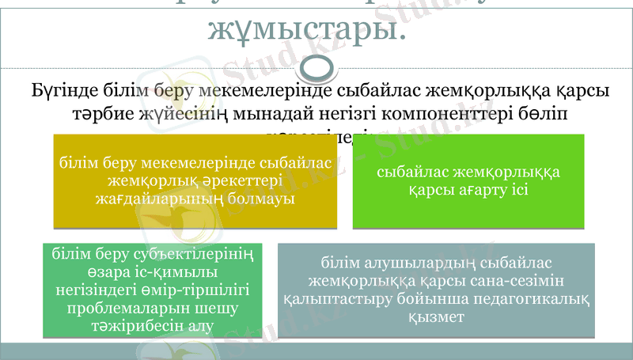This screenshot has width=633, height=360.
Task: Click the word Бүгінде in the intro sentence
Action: [x=64, y=91]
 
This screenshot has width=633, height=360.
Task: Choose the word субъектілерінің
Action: [x=195, y=254]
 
